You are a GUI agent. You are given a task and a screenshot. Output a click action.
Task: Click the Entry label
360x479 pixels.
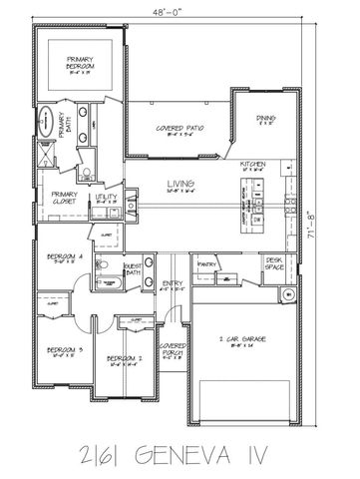[x=172, y=284]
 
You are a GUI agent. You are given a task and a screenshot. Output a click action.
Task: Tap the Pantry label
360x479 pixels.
[x=207, y=263]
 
